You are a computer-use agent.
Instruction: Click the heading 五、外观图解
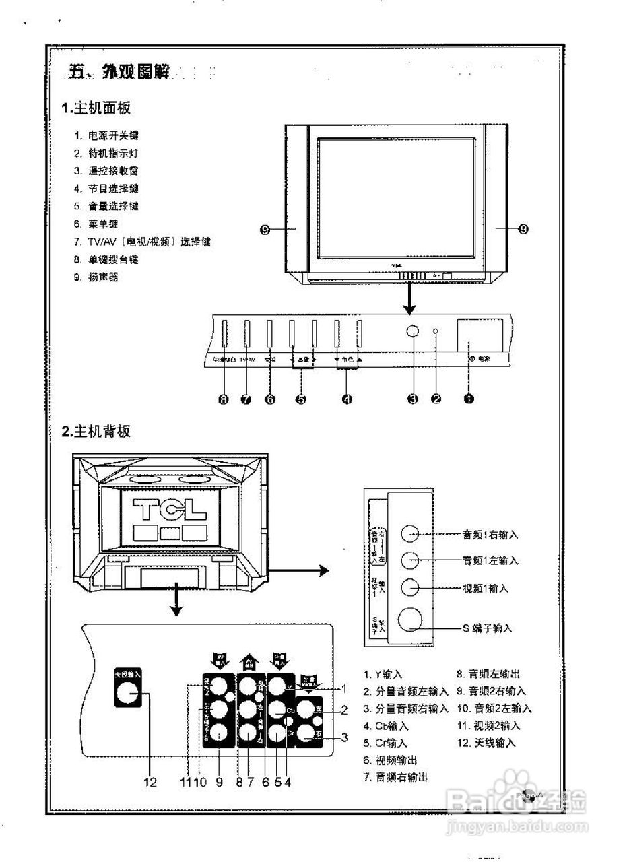(x=119, y=71)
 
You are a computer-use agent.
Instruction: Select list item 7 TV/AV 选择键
(x=143, y=241)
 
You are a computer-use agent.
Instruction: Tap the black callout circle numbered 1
(x=469, y=399)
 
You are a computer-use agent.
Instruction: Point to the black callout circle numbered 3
(x=413, y=399)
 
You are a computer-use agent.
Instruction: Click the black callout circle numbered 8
(x=224, y=399)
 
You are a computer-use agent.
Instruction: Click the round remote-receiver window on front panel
(x=413, y=332)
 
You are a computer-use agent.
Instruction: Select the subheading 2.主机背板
(x=96, y=432)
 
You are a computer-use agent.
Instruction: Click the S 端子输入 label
(x=486, y=628)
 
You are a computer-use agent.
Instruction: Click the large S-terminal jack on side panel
(x=412, y=620)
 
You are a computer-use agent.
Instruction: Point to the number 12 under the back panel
(x=150, y=782)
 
